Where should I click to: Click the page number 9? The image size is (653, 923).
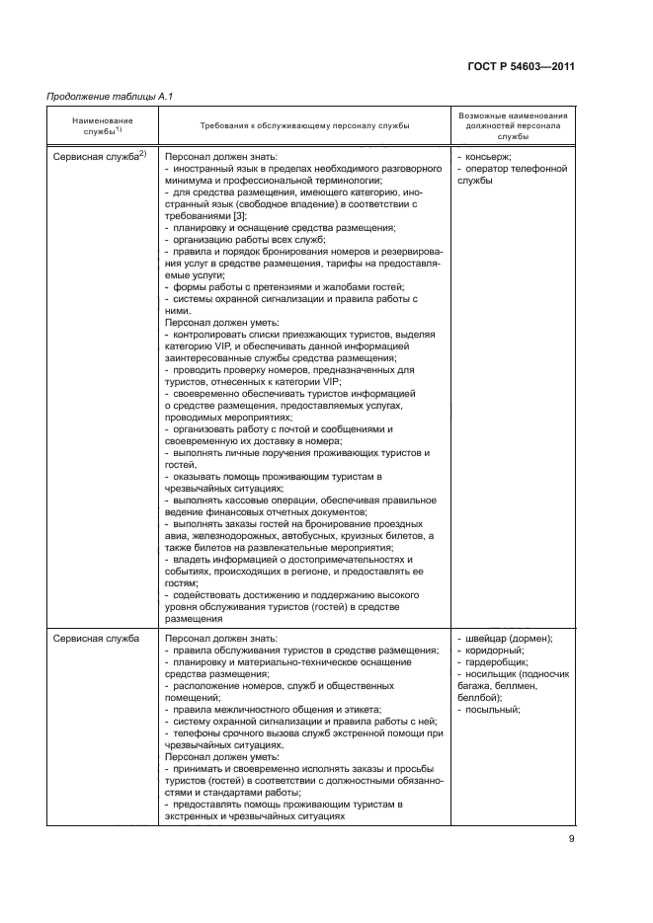click(x=571, y=840)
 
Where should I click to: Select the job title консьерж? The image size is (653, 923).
click(x=489, y=157)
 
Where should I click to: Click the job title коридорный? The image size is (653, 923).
click(x=498, y=651)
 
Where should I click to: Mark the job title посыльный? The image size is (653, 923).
click(x=496, y=710)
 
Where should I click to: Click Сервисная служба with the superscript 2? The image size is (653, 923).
click(x=99, y=156)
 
